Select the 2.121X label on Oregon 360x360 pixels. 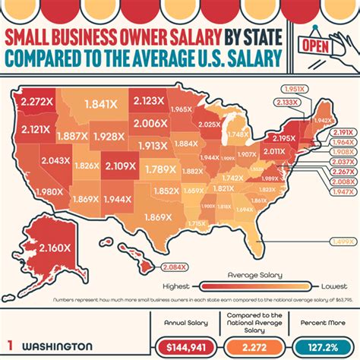pos(33,129)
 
